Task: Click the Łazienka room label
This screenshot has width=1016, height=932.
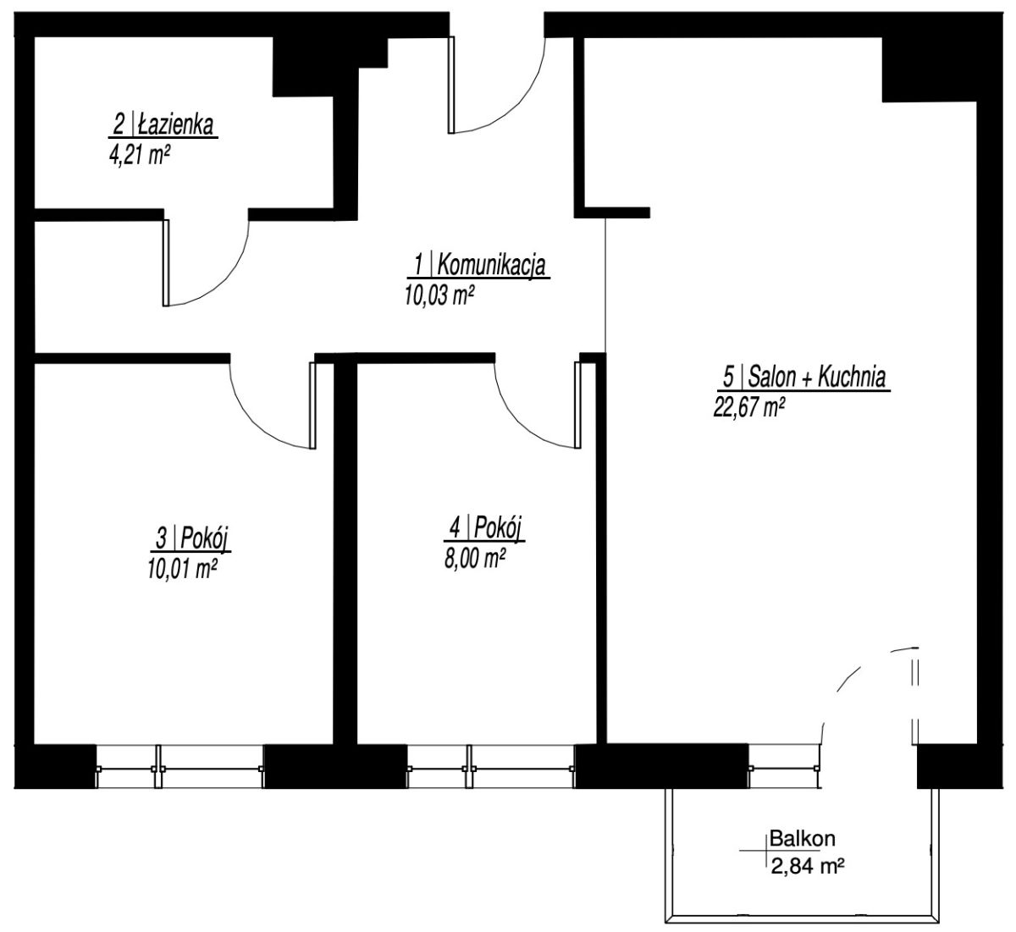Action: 163,125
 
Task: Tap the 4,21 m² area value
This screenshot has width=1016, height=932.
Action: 138,155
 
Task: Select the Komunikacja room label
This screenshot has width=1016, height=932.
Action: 479,266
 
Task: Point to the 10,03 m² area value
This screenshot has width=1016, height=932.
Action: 439,295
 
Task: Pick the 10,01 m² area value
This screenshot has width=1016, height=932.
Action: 182,568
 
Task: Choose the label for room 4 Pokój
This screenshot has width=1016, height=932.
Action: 484,528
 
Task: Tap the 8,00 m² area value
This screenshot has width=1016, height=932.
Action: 475,559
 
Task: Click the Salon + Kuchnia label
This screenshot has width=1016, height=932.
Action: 803,377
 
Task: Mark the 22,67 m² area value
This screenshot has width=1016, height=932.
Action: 749,406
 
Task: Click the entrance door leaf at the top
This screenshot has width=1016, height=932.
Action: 451,85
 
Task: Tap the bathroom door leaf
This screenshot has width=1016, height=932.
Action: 166,262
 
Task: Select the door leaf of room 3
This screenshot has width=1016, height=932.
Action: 312,405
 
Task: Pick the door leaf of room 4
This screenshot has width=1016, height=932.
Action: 577,405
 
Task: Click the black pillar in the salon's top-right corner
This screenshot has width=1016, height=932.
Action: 929,69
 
